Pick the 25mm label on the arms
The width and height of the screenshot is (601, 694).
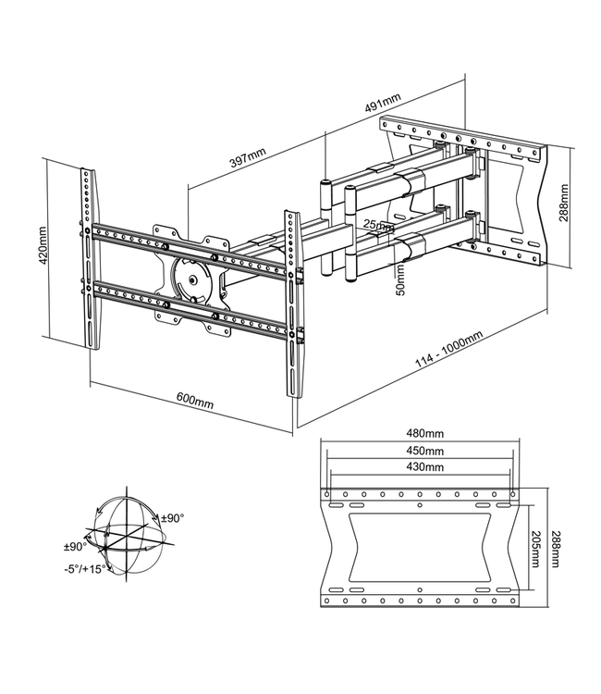[377, 225]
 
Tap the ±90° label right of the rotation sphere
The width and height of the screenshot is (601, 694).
[173, 517]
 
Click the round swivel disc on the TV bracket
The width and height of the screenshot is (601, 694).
[194, 279]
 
